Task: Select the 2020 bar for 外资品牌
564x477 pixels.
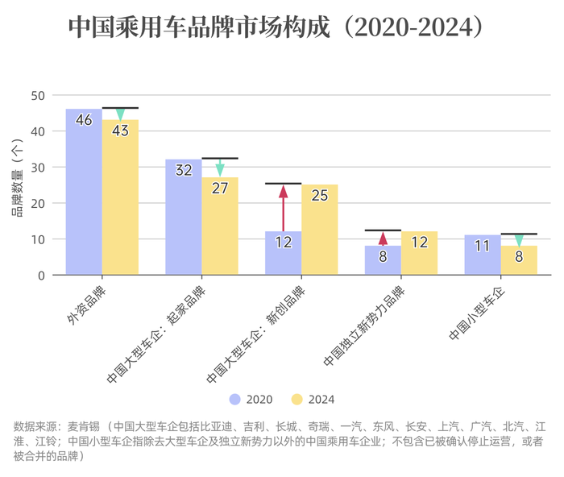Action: [x=84, y=193]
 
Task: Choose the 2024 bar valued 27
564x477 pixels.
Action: [x=220, y=230]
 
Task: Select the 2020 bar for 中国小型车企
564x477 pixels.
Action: [x=483, y=258]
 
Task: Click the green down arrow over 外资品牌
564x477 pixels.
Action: [x=120, y=114]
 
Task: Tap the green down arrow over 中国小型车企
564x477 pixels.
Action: [x=519, y=239]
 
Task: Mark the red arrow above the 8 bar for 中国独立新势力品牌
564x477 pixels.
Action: [x=383, y=238]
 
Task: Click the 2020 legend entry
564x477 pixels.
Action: [x=251, y=399]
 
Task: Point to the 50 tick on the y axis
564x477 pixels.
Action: [x=38, y=95]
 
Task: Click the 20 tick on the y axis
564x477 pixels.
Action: [x=38, y=203]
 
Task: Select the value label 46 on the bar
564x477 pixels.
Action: [x=84, y=120]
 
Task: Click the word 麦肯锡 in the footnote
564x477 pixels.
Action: [x=84, y=426]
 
